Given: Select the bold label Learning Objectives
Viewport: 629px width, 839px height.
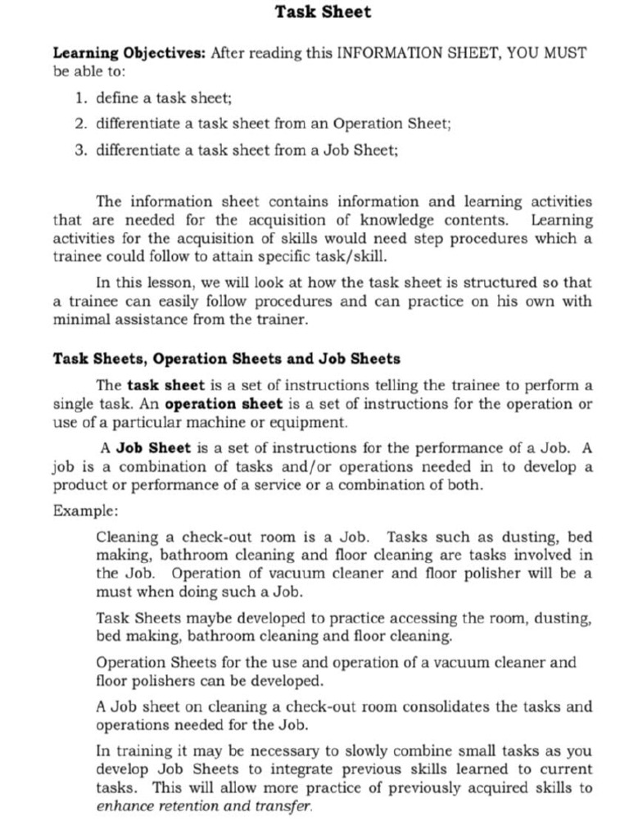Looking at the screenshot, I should point(129,53).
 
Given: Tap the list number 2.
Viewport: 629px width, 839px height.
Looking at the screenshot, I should point(80,125).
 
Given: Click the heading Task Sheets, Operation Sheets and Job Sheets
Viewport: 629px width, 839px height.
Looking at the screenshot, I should point(226,359).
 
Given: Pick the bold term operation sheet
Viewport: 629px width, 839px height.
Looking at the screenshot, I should point(224,404).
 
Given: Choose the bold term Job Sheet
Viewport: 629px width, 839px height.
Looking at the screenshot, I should point(153,448).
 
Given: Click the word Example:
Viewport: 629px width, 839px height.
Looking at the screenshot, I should point(86,510).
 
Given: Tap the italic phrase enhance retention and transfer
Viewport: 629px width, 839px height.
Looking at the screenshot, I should point(204,806).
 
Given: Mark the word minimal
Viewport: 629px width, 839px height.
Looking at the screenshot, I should point(80,320).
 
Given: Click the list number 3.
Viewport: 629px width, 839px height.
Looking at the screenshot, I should point(80,151).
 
